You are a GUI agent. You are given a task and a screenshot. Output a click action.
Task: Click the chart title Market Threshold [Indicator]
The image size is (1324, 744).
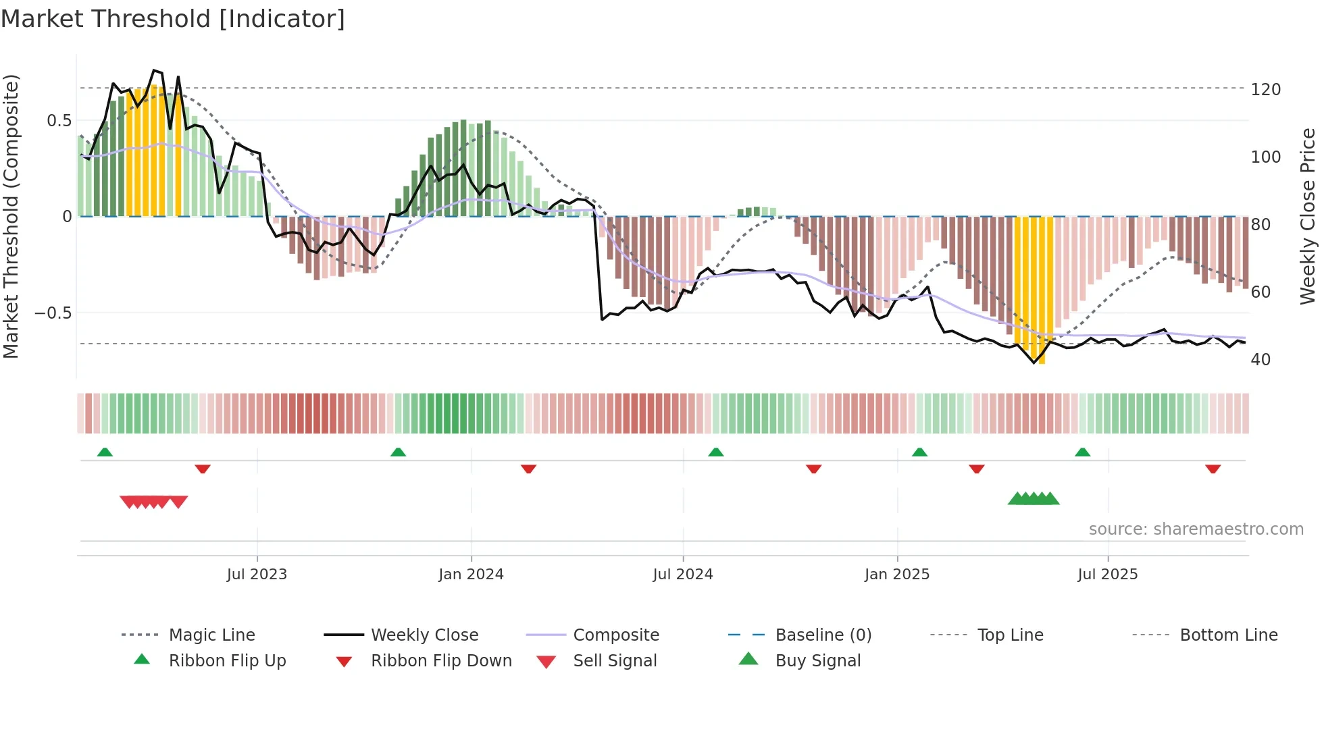[x=173, y=19]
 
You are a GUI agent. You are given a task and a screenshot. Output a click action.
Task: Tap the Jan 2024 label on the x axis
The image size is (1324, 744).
[x=471, y=575]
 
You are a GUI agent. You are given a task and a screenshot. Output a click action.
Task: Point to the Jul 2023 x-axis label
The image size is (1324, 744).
[x=257, y=575]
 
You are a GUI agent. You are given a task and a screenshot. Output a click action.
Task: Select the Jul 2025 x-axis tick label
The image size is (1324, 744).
[x=1107, y=575]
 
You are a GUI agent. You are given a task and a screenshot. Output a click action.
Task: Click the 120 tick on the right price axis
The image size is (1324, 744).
[x=1265, y=90]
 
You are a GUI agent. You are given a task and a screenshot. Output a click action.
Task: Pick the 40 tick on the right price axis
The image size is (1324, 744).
[x=1261, y=360]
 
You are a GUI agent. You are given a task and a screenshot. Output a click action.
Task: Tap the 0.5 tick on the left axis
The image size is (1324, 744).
[x=59, y=121]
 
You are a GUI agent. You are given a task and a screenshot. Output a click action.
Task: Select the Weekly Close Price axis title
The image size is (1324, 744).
[x=1308, y=216]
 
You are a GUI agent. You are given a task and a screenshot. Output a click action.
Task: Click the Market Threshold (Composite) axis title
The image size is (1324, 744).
[x=11, y=216]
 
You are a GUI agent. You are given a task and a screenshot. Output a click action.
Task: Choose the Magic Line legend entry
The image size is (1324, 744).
[x=211, y=635]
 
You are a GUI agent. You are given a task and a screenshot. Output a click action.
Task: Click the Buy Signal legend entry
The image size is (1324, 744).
[x=817, y=661]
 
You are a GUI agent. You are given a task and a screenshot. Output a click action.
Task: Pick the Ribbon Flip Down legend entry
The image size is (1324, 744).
[x=441, y=661]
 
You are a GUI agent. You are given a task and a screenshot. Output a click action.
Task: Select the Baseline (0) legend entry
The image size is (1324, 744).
[x=823, y=635]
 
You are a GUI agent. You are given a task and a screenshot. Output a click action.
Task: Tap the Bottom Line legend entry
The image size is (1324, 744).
[x=1228, y=635]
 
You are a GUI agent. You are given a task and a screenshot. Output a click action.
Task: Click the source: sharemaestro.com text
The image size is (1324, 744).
[x=1196, y=529]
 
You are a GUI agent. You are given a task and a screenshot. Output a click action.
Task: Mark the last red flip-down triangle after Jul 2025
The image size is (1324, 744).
[x=1213, y=469]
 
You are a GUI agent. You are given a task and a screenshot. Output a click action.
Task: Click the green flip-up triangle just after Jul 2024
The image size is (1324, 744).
[x=716, y=452]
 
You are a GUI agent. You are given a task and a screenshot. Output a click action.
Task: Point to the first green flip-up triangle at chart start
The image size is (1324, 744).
[x=105, y=452]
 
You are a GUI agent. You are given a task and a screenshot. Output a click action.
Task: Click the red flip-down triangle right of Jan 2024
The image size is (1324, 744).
[x=528, y=469]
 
